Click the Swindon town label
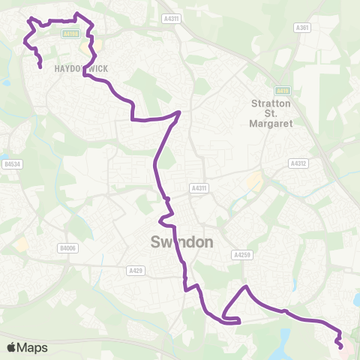coord(182,242)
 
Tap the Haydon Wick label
coord(81,68)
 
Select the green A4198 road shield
coord(70,33)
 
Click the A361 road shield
coord(302,28)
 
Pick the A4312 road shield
coord(298,162)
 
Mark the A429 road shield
coord(136,270)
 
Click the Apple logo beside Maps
coord(11,347)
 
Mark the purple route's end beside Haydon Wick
coord(40,67)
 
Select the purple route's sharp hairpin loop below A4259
coord(238,321)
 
